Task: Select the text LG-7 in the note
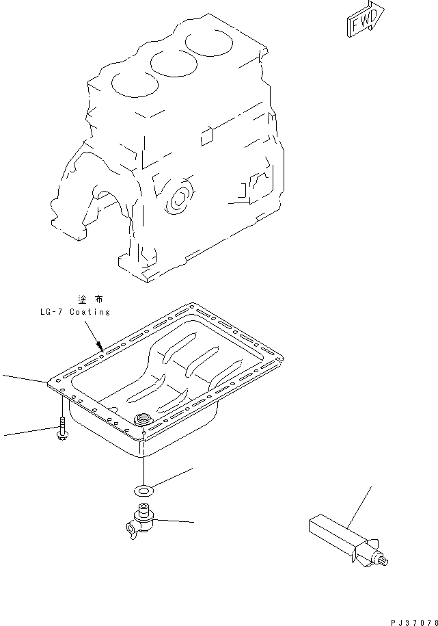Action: tap(52, 312)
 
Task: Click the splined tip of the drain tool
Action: tap(385, 562)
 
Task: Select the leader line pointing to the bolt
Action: tap(27, 432)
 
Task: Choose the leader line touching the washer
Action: tap(172, 477)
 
